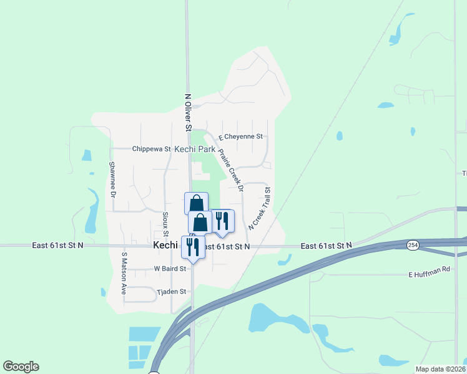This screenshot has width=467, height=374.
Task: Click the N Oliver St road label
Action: [187, 112]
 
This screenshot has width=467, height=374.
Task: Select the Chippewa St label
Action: [151, 149]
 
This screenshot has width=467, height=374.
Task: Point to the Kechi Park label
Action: [195, 150]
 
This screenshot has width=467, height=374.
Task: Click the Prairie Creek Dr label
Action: [229, 166]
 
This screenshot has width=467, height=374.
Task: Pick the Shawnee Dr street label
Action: [113, 180]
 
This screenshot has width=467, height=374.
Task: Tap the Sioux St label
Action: [165, 223]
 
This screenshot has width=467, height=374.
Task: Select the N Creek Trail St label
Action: [260, 209]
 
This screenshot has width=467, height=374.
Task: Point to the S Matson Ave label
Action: [124, 274]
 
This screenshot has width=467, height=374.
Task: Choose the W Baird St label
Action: [170, 269]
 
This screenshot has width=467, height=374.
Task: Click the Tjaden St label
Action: [171, 291]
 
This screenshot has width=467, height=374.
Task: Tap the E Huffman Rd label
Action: [429, 274]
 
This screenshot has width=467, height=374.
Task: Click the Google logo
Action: [21, 367]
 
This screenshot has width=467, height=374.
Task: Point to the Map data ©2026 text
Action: [440, 369]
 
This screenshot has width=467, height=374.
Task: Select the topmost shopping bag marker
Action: [196, 203]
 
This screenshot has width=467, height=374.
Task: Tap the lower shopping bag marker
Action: [200, 223]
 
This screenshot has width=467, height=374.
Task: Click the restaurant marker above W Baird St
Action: [192, 247]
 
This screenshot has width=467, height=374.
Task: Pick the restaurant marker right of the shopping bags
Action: [222, 221]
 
